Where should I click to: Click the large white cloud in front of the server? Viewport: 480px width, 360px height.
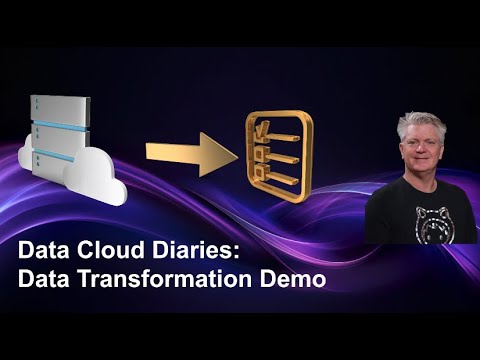[x=95, y=175]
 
